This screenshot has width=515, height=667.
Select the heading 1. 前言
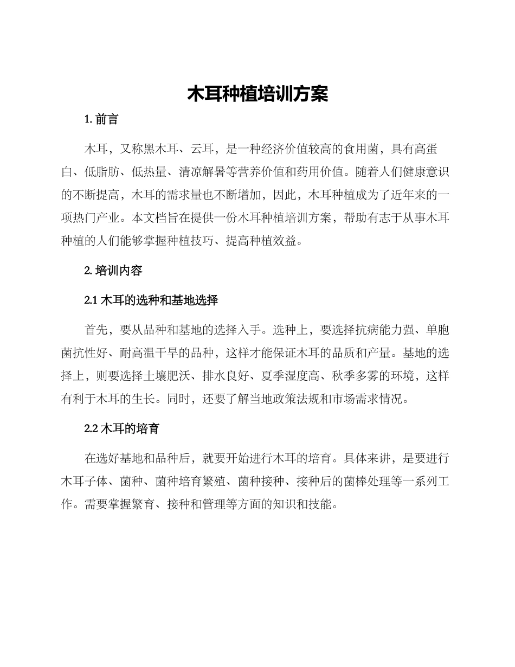tap(101, 120)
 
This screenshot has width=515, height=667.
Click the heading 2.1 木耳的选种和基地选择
tap(151, 300)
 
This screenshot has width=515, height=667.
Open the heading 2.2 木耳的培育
tap(122, 428)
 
